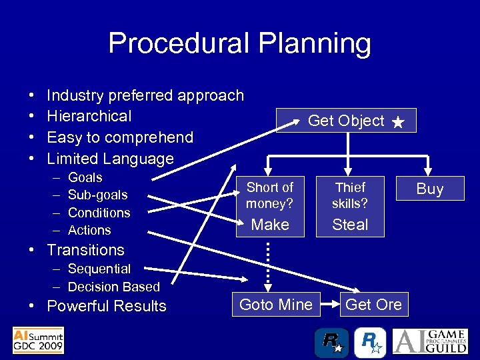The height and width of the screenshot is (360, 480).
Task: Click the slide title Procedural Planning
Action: [x=239, y=44]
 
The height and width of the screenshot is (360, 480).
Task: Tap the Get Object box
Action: [x=345, y=121]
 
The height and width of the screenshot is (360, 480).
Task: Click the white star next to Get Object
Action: [x=398, y=122]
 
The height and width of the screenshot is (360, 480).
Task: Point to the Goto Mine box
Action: [x=275, y=305]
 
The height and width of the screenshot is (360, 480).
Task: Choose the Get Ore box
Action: [x=373, y=305]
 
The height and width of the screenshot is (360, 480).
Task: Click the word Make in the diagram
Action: [x=270, y=225]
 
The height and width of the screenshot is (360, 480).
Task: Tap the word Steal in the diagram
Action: [x=350, y=225]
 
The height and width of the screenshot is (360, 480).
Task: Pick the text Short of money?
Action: [x=270, y=195]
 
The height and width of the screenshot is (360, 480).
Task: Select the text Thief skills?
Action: [x=350, y=195]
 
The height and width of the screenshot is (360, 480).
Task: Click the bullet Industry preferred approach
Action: [x=145, y=95]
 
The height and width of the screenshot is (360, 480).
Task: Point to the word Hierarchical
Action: [x=89, y=116]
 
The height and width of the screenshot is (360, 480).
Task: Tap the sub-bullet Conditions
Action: [x=99, y=213]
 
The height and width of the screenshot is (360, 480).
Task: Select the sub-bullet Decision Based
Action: [x=114, y=287]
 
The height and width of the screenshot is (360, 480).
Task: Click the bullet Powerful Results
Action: [x=107, y=306]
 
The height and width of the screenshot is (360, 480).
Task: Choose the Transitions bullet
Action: [x=85, y=250]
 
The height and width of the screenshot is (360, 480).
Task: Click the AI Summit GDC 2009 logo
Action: [x=38, y=340]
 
